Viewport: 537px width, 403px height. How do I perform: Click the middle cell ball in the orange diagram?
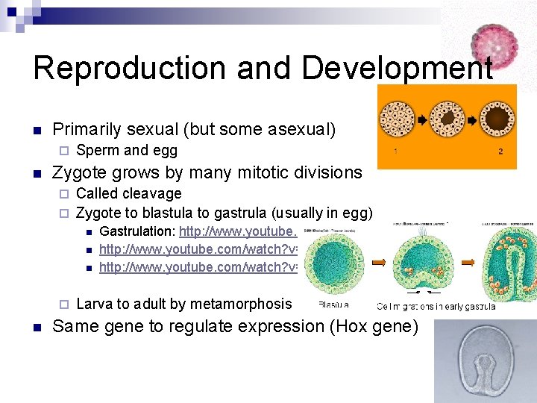447,119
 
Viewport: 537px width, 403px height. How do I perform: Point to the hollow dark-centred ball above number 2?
497,119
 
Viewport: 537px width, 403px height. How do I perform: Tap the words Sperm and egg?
127,151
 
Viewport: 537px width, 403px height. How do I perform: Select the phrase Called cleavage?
128,193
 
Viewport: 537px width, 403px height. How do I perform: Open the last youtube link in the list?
198,266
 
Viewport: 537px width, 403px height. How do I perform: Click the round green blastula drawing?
335,261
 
